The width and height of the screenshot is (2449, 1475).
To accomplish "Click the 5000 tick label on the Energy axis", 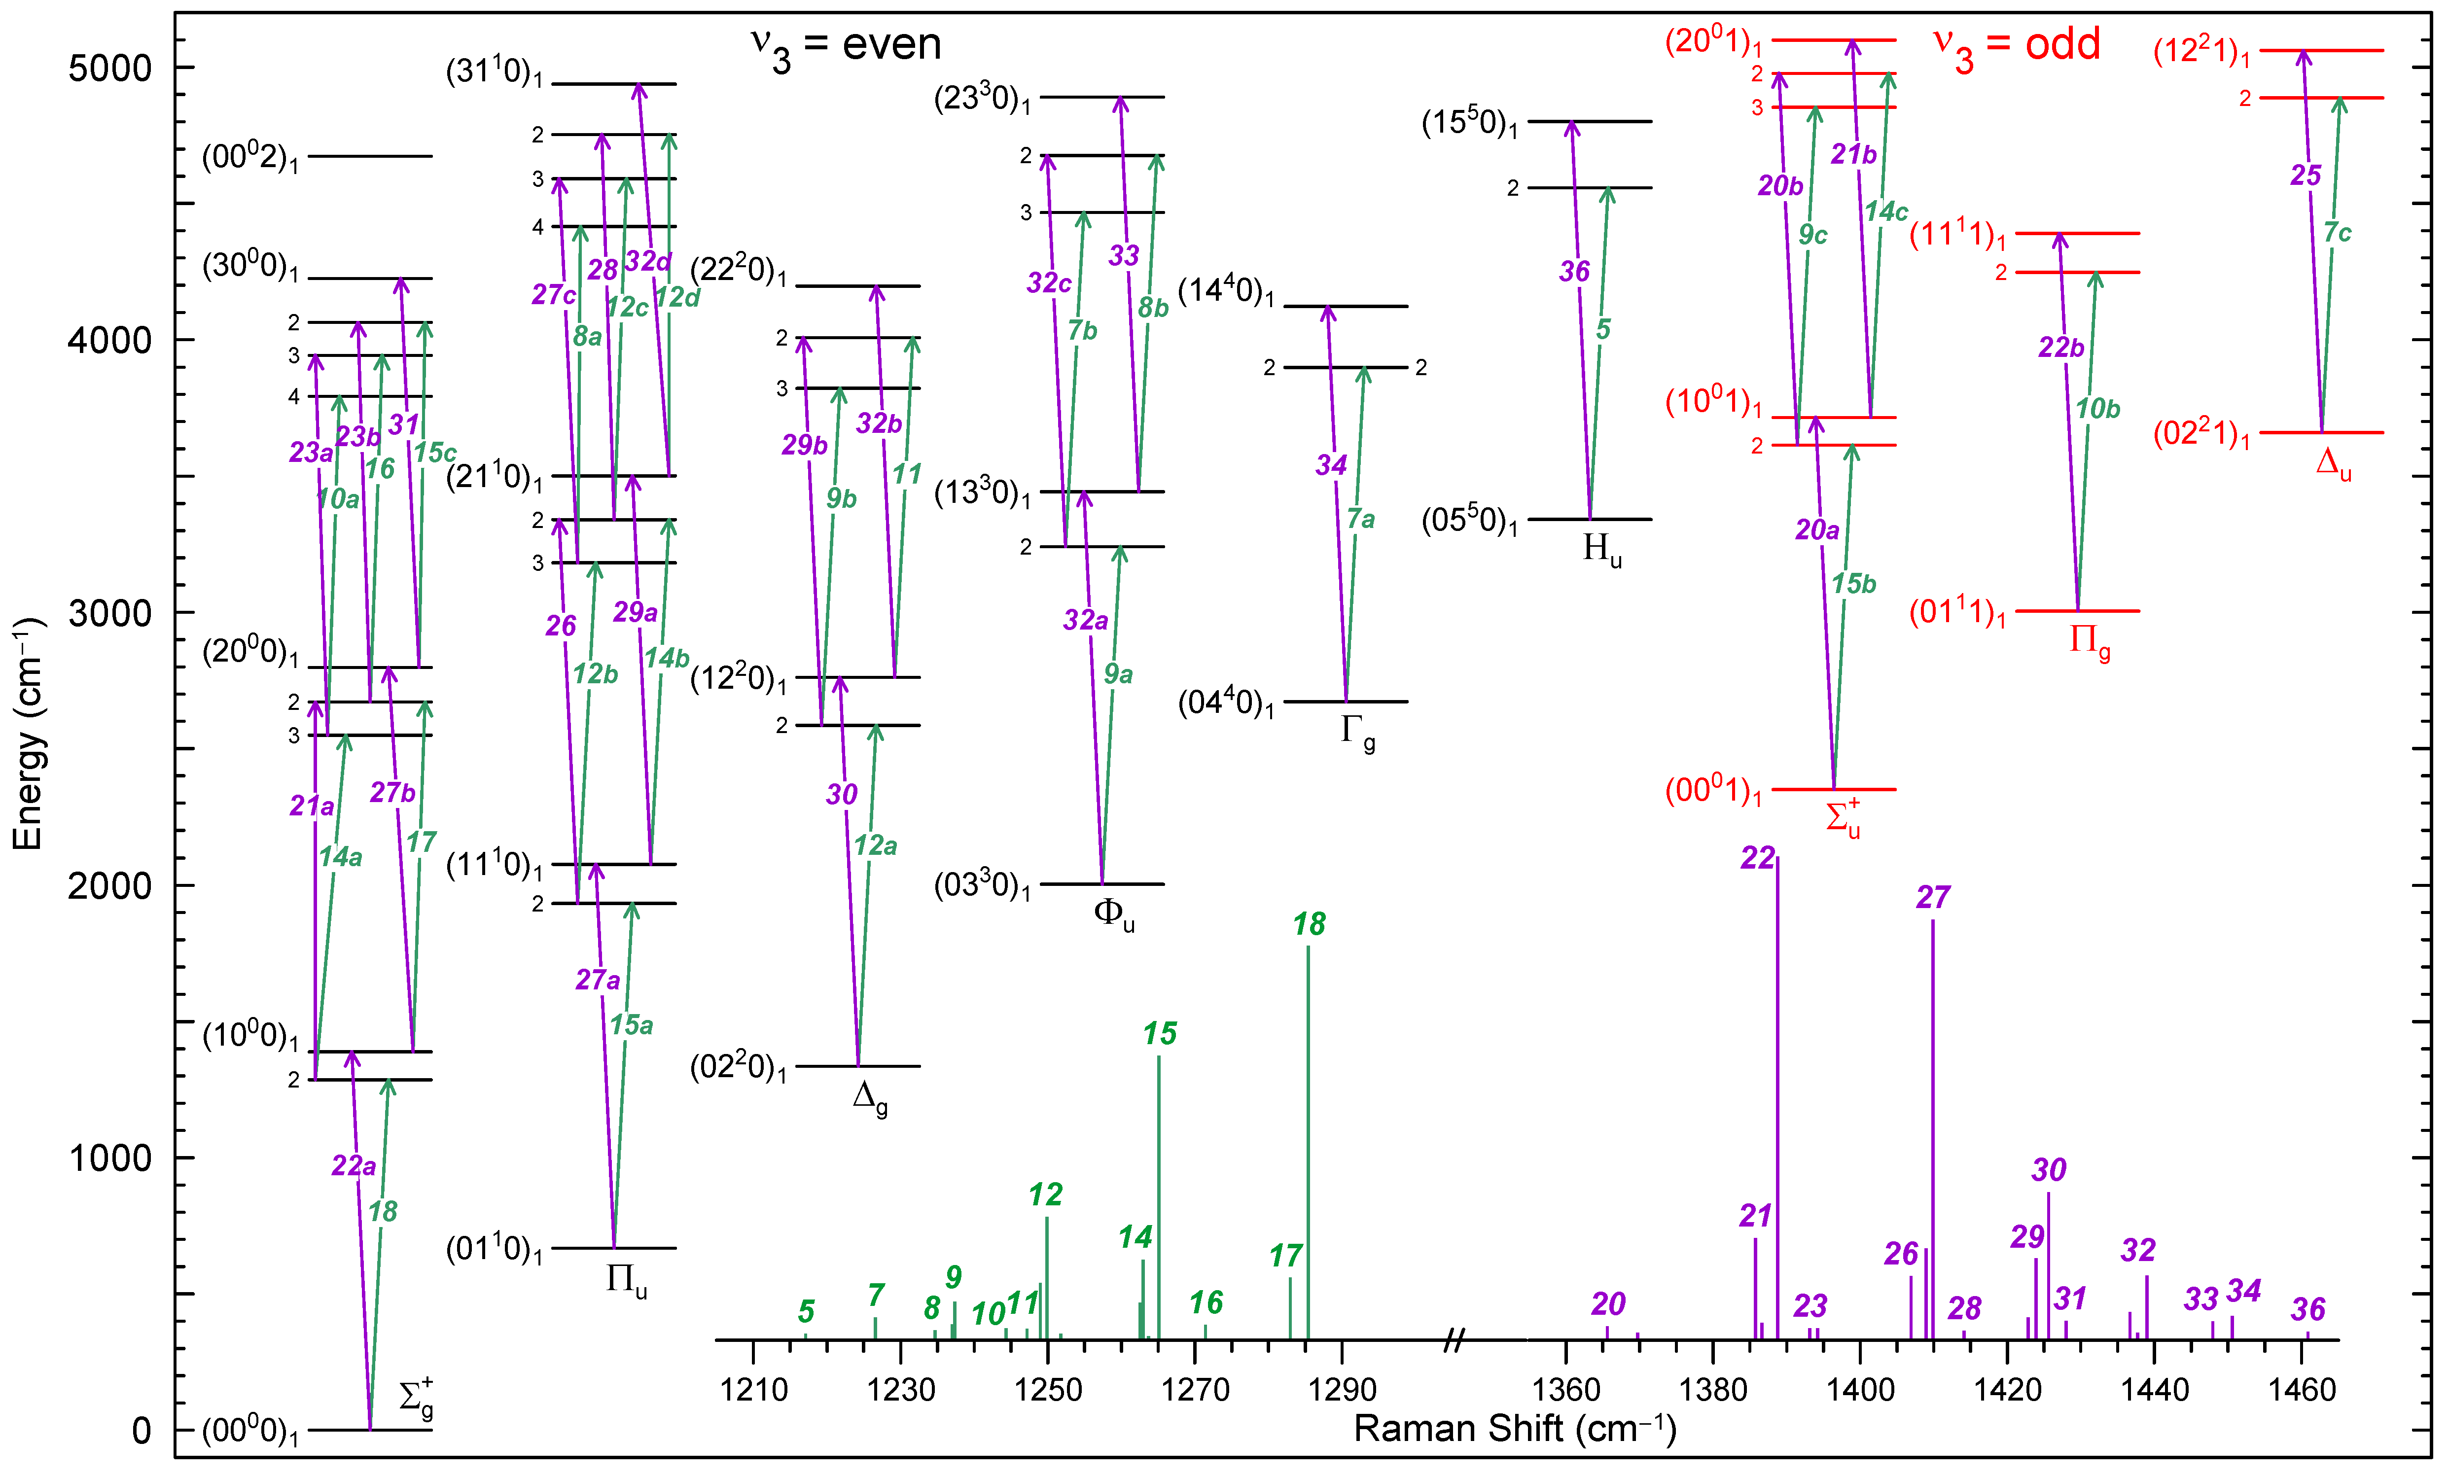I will tap(109, 68).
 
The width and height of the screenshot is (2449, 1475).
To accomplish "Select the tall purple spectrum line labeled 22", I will tap(1777, 1093).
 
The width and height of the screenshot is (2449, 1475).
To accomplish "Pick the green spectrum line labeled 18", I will tap(1308, 1143).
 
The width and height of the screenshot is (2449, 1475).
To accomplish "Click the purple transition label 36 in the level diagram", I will tap(1574, 271).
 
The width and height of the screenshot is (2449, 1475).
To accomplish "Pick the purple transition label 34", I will tap(1332, 465).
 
